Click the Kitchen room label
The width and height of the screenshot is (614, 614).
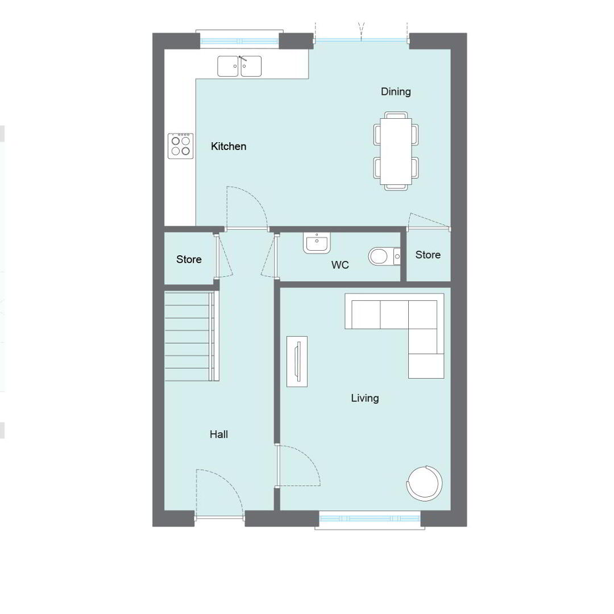tap(229, 147)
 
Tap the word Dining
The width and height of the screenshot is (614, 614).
tap(396, 92)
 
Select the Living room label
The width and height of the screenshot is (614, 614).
tap(364, 399)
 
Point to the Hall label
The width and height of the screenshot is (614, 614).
tap(218, 434)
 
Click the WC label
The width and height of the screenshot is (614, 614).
tap(340, 265)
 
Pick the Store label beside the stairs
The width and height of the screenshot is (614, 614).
tap(189, 259)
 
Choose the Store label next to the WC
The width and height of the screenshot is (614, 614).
tap(428, 255)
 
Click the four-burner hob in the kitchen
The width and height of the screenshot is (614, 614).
tap(181, 146)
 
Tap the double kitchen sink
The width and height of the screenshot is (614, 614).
tap(239, 66)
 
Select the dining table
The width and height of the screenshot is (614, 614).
tap(396, 151)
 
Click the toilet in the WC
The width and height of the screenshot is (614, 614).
tap(384, 257)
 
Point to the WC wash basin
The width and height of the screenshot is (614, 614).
tap(317, 243)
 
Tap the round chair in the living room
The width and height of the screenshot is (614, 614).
tap(425, 483)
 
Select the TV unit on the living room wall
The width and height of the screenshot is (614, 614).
tap(297, 362)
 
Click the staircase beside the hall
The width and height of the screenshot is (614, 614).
tap(192, 336)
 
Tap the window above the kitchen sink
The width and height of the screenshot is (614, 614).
tap(239, 40)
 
